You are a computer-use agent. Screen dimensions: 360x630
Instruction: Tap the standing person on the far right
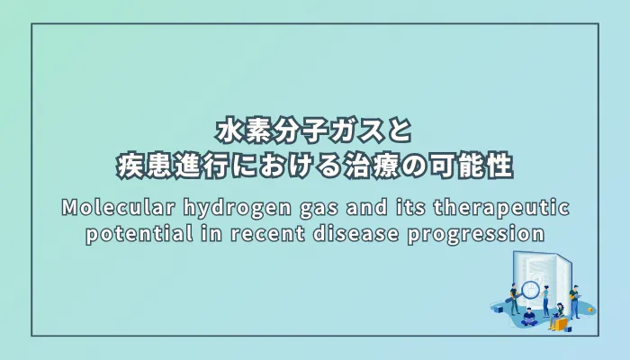tap(575, 299)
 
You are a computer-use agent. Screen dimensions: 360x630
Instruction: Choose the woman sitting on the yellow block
tap(557, 315)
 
